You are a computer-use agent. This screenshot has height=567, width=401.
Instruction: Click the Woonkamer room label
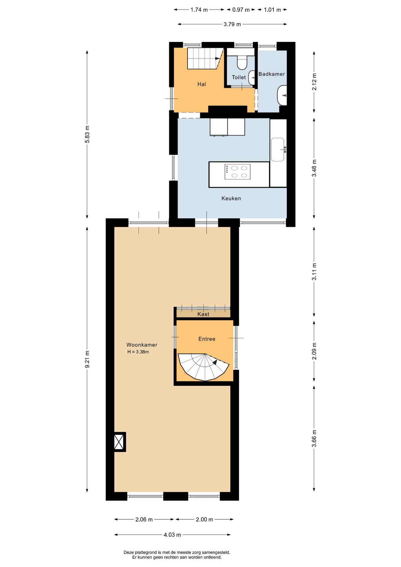pos(142,345)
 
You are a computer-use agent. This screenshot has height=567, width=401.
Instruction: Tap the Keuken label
pos(231,198)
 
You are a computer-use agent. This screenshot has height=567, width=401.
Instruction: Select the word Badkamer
pos(272,74)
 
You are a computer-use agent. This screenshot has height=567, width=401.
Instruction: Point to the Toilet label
pos(239,77)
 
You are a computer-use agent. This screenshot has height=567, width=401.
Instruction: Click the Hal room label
pos(202,84)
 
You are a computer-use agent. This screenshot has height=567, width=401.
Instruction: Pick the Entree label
pos(207,339)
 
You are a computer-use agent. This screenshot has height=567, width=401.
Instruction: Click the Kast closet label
pos(203,314)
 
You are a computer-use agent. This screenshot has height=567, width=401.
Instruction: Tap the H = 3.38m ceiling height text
pos(138,352)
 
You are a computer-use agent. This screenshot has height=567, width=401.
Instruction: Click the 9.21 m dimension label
pos(87,359)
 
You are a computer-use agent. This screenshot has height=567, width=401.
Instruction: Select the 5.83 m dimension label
pos(87,134)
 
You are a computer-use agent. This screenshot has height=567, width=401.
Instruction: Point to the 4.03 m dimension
pos(172,535)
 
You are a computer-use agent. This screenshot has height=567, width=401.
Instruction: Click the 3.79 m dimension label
pos(232,24)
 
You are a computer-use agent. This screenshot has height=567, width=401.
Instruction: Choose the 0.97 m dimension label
pos(241,10)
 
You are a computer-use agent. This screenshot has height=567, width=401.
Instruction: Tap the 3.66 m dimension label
pos(314,438)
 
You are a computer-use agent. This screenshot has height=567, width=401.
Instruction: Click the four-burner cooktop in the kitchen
pos(237,172)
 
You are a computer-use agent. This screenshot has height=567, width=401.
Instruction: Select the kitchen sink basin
pos(278,149)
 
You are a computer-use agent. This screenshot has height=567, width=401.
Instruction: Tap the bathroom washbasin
pos(282,95)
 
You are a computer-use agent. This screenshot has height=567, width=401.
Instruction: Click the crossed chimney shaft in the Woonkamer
pos(119,442)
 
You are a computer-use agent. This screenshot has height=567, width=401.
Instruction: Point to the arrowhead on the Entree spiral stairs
pos(215,362)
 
